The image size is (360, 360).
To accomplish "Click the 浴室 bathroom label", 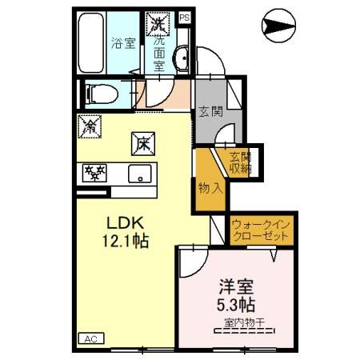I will pyautogui.click(x=123, y=43).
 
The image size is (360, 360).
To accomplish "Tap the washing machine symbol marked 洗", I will pyautogui.click(x=157, y=22).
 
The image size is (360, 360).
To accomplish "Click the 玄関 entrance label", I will pyautogui.click(x=211, y=111).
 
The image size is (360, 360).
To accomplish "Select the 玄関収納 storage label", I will pyautogui.click(x=241, y=162).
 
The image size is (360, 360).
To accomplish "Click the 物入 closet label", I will pyautogui.click(x=211, y=189).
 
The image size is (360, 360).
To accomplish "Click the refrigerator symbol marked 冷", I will pyautogui.click(x=89, y=126).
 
